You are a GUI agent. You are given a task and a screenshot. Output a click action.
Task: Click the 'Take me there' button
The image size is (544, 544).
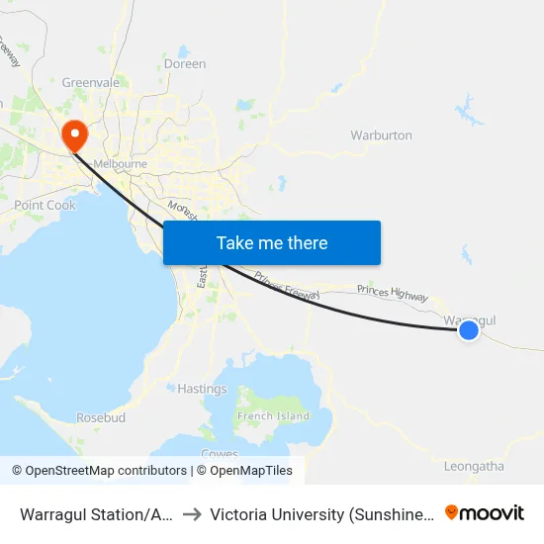click(x=272, y=242)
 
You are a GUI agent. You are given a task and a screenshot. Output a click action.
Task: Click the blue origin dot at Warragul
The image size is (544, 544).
click(x=469, y=331)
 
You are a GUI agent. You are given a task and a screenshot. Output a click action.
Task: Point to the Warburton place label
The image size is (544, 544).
click(x=381, y=136)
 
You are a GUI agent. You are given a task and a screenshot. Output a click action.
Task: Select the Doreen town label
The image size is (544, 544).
click(x=185, y=64)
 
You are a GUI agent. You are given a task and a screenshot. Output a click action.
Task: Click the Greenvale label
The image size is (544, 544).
click(x=91, y=83)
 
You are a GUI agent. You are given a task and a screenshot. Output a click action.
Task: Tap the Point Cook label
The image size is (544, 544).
click(x=45, y=205)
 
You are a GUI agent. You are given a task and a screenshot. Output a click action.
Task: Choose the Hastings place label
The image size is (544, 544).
click(x=202, y=389)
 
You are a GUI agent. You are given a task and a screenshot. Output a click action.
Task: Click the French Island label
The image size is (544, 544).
click(x=269, y=416)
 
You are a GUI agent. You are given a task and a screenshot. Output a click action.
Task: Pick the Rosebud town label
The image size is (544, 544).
click(x=101, y=418)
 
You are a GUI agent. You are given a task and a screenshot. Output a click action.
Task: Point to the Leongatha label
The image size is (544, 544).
click(x=474, y=466)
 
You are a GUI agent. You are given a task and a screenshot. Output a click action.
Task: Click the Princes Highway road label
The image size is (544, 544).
click(x=393, y=294)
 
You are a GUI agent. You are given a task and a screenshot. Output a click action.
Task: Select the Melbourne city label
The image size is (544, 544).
click(x=119, y=164)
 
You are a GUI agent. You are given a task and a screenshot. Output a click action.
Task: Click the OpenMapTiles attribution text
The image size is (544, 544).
click(x=243, y=471)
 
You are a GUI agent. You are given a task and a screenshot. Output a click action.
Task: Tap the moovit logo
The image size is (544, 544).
click(x=485, y=512)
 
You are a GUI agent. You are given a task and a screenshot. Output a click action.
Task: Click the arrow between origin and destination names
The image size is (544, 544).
click(x=192, y=513)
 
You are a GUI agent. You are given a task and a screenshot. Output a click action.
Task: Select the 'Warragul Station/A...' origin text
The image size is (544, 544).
click(x=97, y=514)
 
